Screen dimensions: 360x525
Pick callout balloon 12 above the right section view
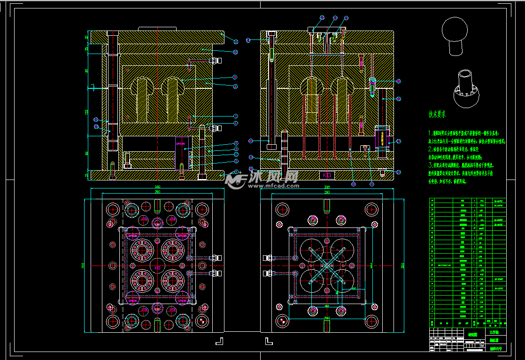pos(322,18)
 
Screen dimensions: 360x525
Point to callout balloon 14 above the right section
pos(346,18)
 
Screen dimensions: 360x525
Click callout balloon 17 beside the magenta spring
pos(399,141)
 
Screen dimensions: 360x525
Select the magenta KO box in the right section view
pos(326,175)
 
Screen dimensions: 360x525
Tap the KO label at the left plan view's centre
pos(157,267)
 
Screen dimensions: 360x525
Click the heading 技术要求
pos(437,114)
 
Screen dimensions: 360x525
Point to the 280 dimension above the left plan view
pos(157,192)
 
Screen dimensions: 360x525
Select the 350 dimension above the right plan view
pos(327,187)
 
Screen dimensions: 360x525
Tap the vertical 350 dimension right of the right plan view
pos(402,266)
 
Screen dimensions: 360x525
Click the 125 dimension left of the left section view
pos(87,112)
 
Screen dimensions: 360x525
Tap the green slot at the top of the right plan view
pos(326,205)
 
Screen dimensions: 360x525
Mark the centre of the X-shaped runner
pos(326,266)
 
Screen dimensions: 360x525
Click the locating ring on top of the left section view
pos(157,29)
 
